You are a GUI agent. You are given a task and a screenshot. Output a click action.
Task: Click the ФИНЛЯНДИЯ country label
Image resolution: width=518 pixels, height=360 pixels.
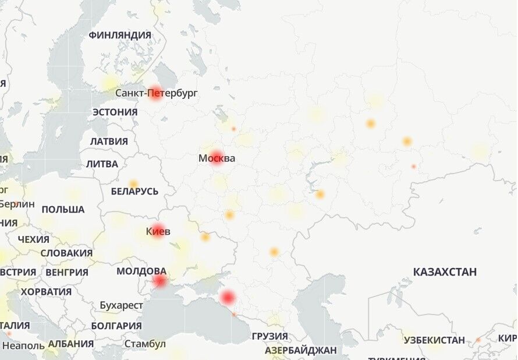[119, 35]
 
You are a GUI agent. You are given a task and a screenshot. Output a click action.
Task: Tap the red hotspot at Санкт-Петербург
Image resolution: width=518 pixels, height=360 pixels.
[155, 93]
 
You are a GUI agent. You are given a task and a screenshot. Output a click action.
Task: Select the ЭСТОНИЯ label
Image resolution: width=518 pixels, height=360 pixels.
[115, 112]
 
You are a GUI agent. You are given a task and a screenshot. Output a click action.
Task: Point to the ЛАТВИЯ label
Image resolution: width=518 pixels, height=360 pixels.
[109, 141]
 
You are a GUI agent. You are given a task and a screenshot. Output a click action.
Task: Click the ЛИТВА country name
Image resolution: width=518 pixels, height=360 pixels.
[102, 164]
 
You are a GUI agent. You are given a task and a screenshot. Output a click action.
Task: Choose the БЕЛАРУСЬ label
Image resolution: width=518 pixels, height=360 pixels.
[134, 191]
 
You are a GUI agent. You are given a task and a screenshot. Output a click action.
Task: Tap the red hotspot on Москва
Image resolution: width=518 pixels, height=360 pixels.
[217, 158]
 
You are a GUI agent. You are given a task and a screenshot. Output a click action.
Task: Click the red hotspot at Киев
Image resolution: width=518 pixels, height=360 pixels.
[158, 231]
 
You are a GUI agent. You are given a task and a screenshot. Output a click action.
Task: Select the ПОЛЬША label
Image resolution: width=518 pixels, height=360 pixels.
[63, 209]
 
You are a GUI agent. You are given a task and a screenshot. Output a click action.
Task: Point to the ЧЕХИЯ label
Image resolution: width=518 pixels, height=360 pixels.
[33, 239]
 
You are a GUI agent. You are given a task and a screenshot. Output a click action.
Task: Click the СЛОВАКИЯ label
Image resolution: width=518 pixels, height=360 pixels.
[66, 253]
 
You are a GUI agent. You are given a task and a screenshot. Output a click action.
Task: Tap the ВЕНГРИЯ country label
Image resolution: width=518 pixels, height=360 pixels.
[66, 272]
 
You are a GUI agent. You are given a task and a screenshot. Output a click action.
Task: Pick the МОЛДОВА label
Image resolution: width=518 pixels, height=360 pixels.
[141, 271]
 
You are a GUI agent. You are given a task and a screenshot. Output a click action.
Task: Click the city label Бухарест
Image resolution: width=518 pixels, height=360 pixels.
[121, 305]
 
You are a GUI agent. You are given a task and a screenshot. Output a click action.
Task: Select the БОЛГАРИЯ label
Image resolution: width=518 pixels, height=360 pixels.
[116, 326]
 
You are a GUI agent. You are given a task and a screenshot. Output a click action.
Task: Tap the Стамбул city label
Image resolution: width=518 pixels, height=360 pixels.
[144, 344]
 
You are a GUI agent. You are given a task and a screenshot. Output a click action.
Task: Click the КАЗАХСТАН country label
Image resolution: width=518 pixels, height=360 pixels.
[445, 271]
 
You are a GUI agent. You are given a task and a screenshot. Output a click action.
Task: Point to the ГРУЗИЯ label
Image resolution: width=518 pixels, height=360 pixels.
[269, 336]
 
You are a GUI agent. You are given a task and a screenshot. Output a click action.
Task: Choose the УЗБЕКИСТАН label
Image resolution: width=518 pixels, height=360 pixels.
[434, 340]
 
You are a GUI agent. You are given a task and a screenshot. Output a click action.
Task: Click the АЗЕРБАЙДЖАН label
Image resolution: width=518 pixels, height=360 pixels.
[300, 351]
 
